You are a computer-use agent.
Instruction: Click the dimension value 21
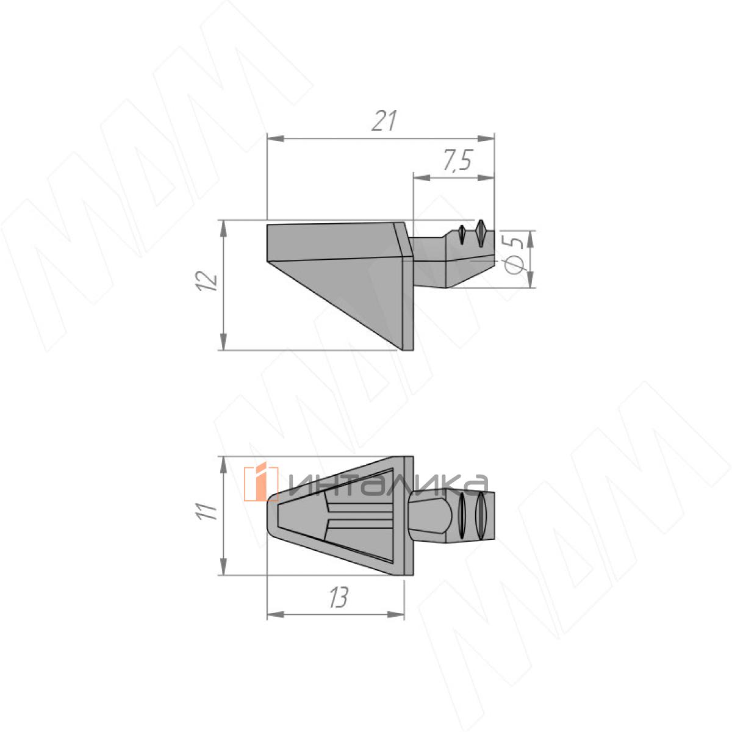[384, 121]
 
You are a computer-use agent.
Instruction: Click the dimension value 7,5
[457, 160]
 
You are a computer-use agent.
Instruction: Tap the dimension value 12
[207, 281]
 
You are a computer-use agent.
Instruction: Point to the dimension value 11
[206, 512]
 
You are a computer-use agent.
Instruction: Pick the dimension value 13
[338, 598]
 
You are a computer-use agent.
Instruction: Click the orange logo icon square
[261, 483]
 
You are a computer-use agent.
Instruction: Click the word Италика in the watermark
[387, 485]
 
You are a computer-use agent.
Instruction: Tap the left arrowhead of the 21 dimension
[276, 138]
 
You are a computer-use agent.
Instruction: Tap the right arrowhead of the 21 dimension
[486, 138]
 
